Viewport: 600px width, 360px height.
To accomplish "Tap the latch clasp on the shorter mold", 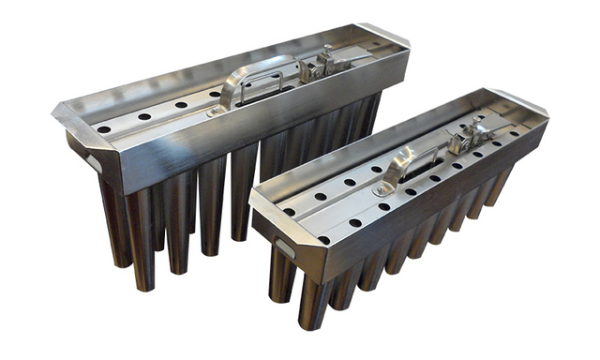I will point(465,138).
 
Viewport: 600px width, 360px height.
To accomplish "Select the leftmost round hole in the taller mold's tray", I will point(104,128).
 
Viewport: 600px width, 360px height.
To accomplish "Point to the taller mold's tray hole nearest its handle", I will point(215,94).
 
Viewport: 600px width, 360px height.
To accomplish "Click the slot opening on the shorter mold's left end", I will point(282,247).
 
